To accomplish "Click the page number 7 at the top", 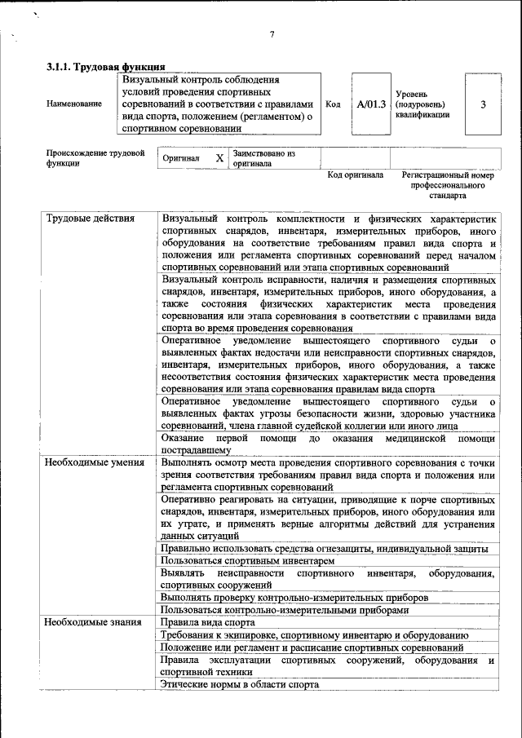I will click(272, 34).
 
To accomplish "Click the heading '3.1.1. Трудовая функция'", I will click(106, 67).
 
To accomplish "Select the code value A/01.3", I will click(371, 104).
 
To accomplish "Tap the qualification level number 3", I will click(484, 104).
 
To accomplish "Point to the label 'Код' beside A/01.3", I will click(333, 104).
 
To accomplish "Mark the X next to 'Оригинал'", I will click(219, 158).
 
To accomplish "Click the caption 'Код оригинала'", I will click(355, 175).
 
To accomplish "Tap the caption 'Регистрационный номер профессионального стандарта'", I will click(449, 185).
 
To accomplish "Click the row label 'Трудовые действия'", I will click(84, 219).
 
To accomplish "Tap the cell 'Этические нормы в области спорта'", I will click(240, 685).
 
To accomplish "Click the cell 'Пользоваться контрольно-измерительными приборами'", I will click(284, 609).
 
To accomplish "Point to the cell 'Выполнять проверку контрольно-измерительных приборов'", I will click(294, 597).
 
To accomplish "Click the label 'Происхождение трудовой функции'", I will click(95, 157).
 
